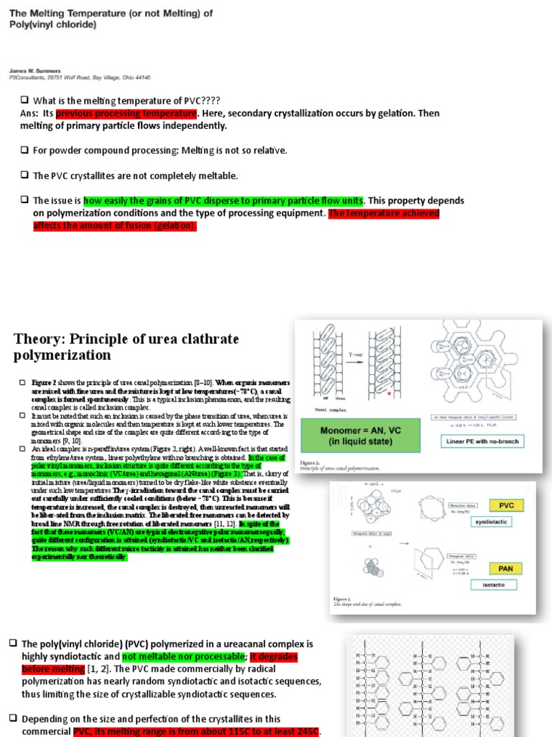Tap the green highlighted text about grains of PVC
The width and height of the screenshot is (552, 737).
(x=224, y=201)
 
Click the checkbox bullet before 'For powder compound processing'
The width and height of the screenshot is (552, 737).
(x=24, y=150)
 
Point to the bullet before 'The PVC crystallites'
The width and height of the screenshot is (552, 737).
(x=24, y=176)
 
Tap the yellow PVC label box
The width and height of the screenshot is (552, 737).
(x=506, y=506)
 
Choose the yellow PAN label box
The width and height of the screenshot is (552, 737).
(x=506, y=569)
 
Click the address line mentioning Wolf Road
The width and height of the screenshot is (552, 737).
(x=79, y=77)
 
